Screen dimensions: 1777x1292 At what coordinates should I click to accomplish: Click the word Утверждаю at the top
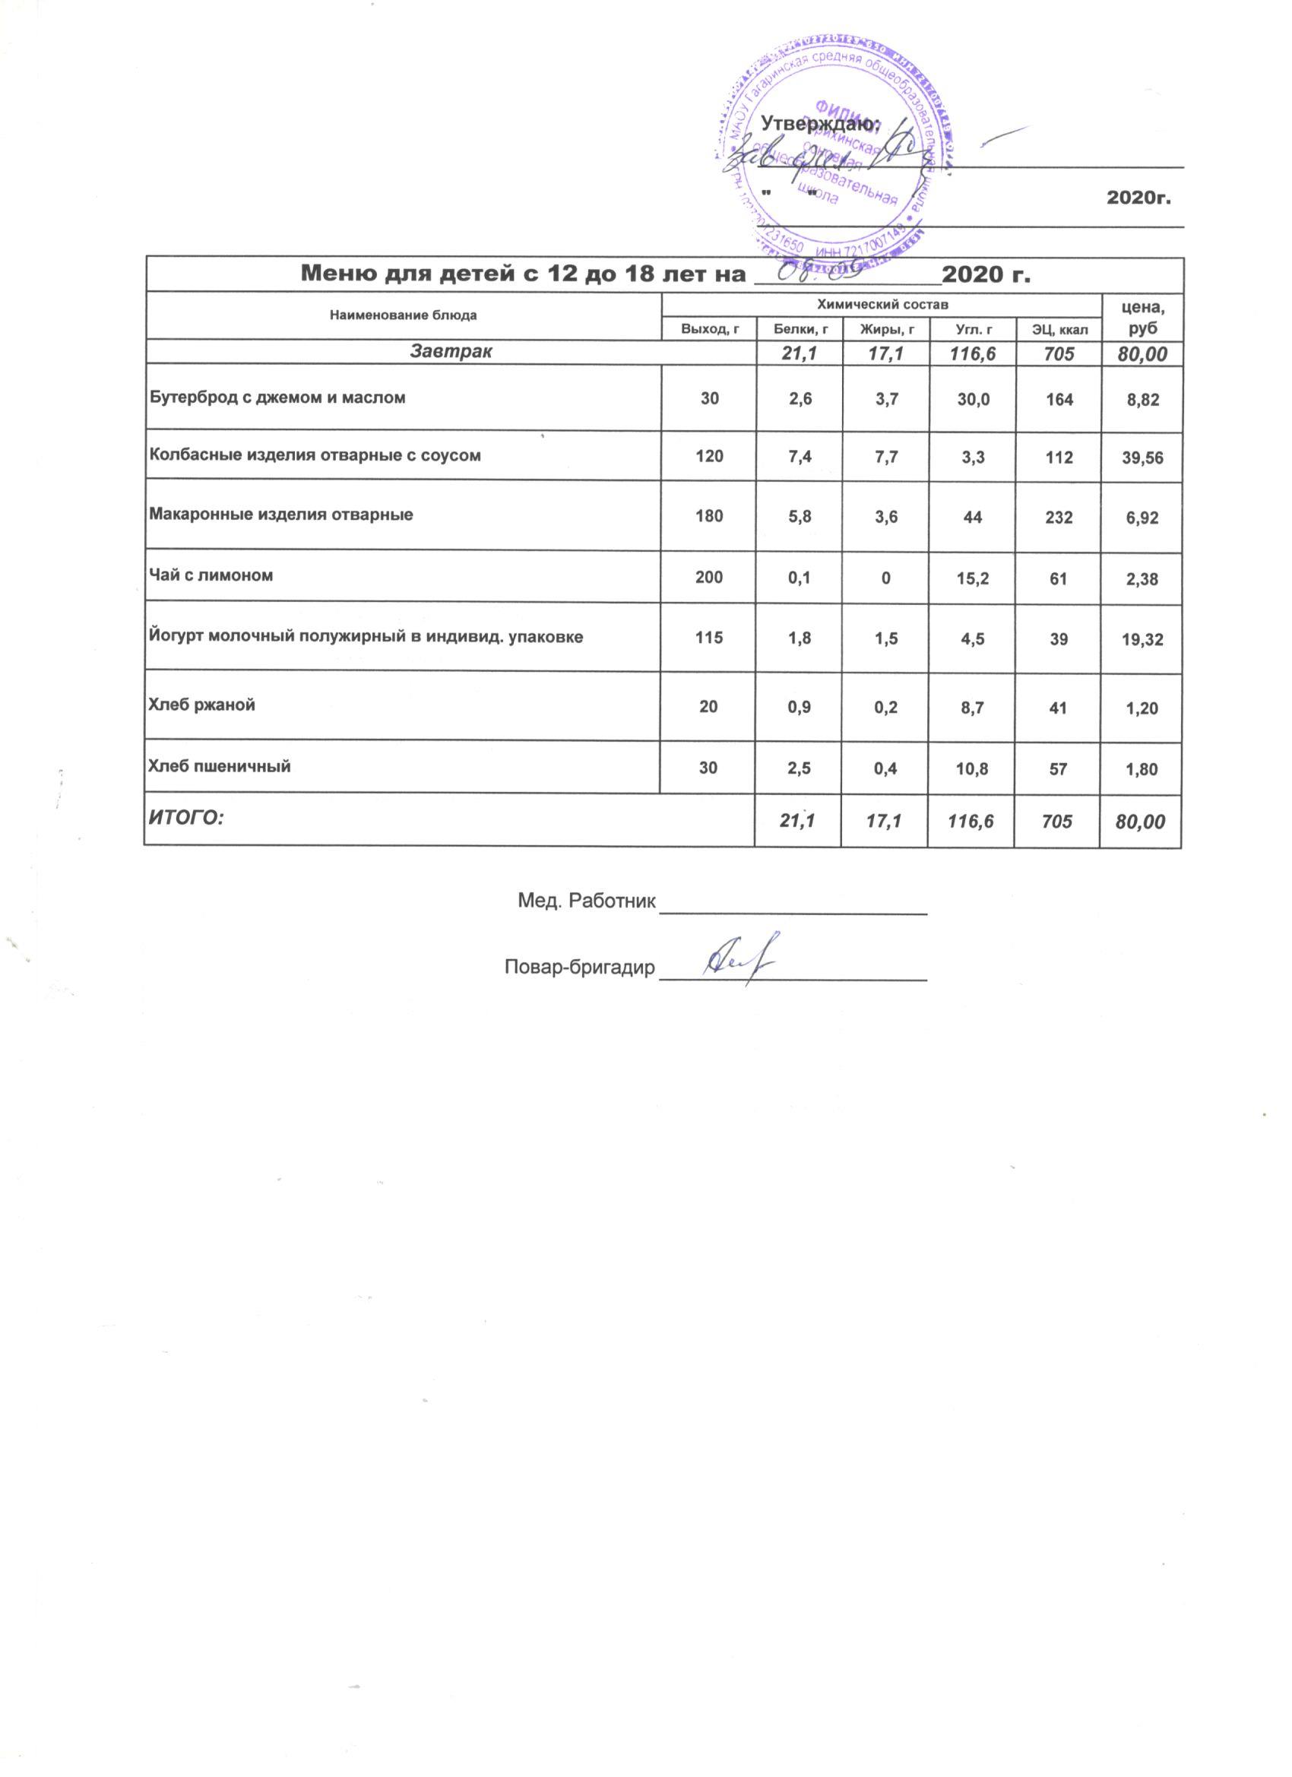(x=820, y=123)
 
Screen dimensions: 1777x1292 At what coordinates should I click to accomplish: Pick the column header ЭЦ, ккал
(x=1059, y=329)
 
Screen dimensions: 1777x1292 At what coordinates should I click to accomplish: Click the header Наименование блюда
(x=403, y=315)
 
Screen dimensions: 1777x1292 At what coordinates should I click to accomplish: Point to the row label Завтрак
(x=451, y=352)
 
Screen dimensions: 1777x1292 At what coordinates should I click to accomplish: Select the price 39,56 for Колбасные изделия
(x=1142, y=458)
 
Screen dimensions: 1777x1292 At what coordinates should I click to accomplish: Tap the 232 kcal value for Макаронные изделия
(x=1059, y=517)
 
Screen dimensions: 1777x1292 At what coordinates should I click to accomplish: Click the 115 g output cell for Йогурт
(x=708, y=639)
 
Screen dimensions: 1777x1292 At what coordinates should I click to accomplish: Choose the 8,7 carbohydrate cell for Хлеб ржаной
(x=972, y=708)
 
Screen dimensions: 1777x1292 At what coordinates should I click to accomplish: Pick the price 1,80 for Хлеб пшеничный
(x=1142, y=769)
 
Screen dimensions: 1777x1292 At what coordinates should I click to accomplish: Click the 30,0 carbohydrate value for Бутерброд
(x=972, y=400)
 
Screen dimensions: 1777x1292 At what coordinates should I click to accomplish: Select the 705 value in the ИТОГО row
(x=1059, y=821)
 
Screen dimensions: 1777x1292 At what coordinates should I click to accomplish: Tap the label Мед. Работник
(x=586, y=900)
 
